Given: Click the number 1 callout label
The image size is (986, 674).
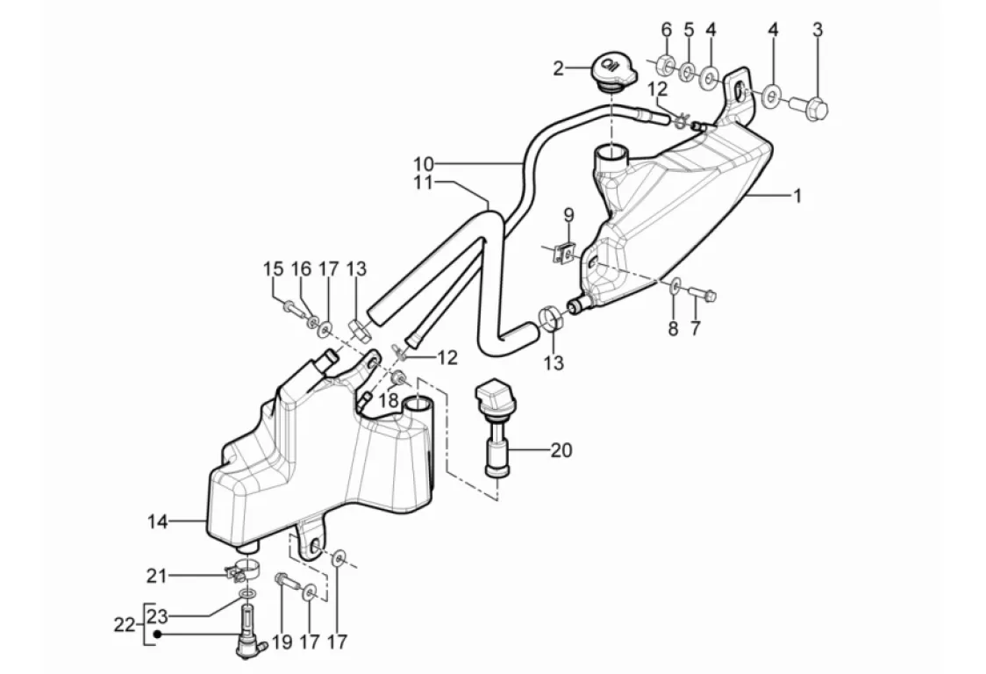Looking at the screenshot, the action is [798, 197].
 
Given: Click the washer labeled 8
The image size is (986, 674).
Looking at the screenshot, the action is [674, 287].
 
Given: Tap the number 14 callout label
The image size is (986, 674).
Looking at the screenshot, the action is [158, 521].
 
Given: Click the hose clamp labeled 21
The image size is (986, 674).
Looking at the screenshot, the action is [243, 570].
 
